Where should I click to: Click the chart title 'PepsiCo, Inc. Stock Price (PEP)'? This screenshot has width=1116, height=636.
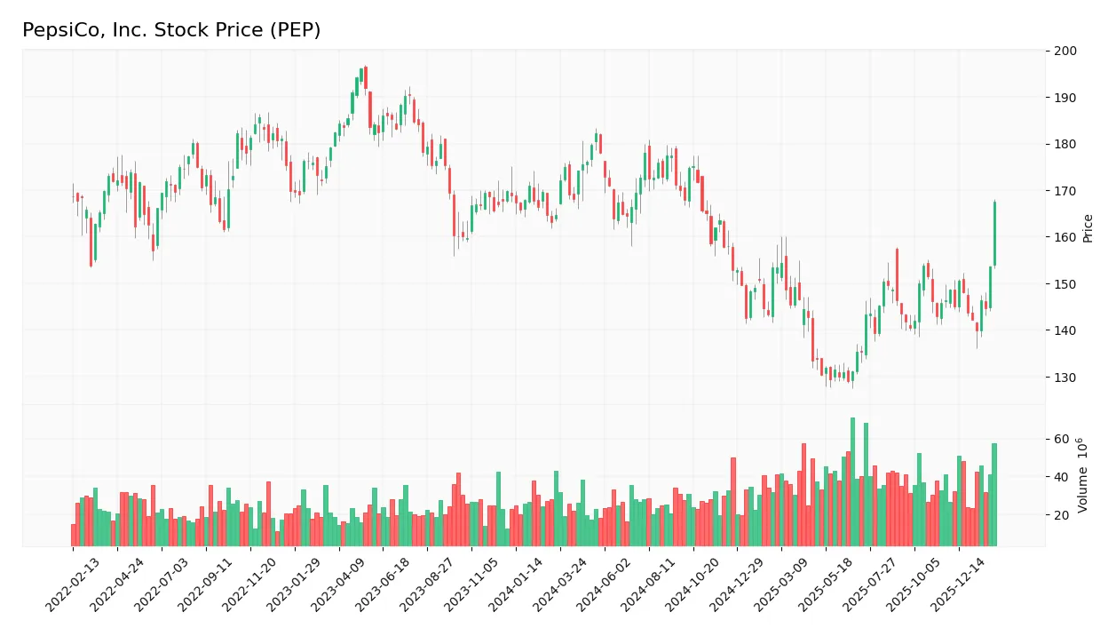[171, 30]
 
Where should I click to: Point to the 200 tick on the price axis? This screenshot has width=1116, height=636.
[1065, 51]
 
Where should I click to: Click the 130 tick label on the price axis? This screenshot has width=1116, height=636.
[1065, 378]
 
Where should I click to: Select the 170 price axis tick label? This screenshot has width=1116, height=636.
[1065, 191]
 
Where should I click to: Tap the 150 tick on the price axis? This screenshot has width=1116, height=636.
[1065, 284]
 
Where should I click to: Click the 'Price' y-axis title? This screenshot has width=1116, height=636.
[1088, 228]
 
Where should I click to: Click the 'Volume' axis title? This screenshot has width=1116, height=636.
[1083, 475]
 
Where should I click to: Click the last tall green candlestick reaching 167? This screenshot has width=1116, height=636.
[994, 234]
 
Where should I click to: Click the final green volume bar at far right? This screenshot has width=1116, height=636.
[994, 494]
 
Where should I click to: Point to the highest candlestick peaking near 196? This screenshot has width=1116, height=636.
[364, 78]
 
